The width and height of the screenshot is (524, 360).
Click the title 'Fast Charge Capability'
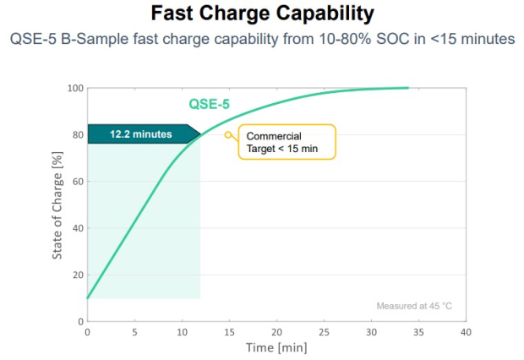coord(262,14)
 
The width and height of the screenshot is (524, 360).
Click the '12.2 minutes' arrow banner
coord(142,134)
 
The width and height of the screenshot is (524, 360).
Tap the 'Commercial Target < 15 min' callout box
coord(287,141)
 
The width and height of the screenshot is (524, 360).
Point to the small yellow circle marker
coord(227,134)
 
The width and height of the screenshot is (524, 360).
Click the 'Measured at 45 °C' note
coord(414,305)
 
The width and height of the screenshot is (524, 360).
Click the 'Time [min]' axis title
coord(276,347)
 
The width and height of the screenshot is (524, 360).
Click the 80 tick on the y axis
coord(76,134)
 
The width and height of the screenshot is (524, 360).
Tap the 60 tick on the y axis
coord(76,181)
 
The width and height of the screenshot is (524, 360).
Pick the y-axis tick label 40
coord(76,228)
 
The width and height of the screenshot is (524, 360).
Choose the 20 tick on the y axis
coord(76,275)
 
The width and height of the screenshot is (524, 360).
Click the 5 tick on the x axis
coord(134,332)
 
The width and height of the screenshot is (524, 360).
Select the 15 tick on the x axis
coord(229,332)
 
